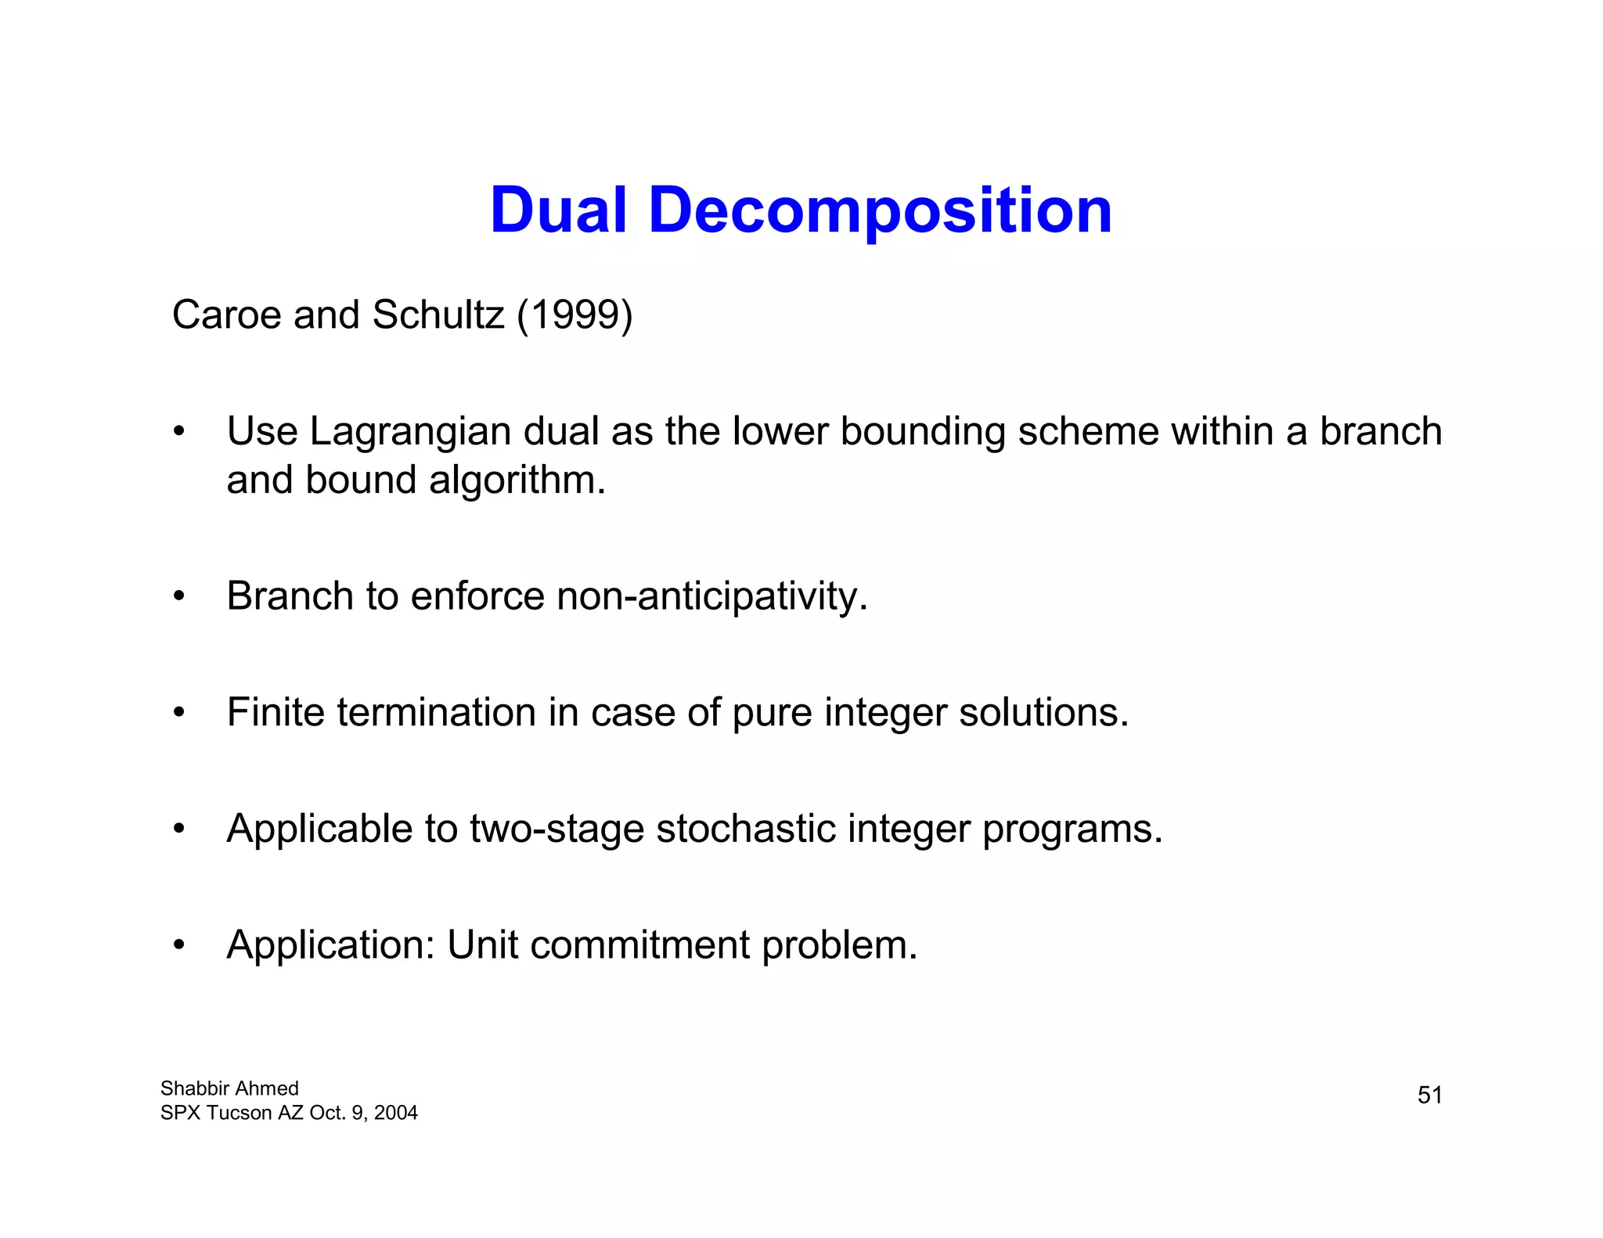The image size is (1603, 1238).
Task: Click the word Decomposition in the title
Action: point(880,211)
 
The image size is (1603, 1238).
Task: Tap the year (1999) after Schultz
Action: point(575,315)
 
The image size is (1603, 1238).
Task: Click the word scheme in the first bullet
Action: point(1088,431)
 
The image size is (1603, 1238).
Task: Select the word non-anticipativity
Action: point(711,596)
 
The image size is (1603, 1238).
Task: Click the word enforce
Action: point(477,596)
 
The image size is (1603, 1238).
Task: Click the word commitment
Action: point(639,945)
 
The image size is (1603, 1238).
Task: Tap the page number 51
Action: point(1429,1095)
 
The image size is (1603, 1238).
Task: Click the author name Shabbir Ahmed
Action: point(229,1089)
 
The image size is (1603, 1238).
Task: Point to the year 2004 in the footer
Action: point(395,1113)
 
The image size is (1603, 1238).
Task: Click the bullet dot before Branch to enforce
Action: point(179,597)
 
